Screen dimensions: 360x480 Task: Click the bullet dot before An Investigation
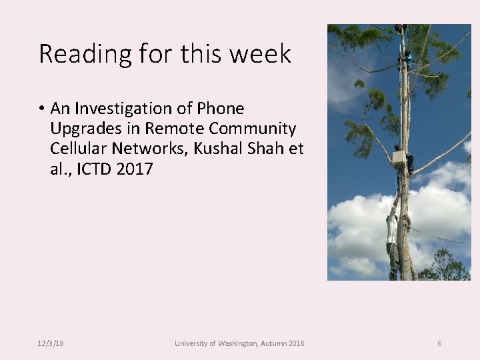(41, 109)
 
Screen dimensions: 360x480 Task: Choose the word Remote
(171, 129)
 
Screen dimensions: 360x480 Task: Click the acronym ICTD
(94, 169)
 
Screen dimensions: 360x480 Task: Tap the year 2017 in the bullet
(135, 169)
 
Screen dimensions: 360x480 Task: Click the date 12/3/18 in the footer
(51, 343)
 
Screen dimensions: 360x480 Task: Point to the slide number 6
(439, 343)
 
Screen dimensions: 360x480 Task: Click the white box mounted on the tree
(399, 157)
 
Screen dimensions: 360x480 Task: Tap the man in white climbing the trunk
(393, 230)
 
